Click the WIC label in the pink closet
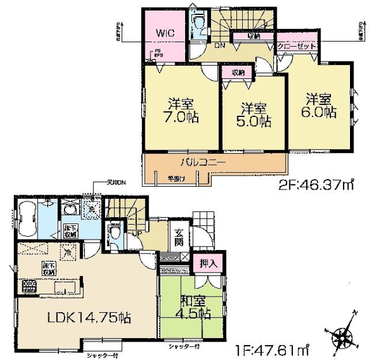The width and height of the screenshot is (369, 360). [x=165, y=33]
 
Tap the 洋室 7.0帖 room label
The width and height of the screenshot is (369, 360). [x=180, y=109]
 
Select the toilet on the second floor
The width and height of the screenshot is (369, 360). [x=198, y=24]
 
